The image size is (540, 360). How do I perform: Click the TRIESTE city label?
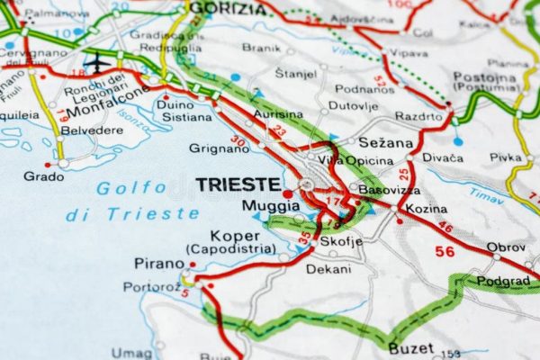click(238, 184)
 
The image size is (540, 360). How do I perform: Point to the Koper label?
click(229, 236)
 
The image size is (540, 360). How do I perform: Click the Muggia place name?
click(265, 205)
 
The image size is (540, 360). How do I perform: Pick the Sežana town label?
click(386, 142)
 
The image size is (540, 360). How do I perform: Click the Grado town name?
click(43, 175)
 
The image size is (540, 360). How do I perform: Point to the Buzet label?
click(412, 347)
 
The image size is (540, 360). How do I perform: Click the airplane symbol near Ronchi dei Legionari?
click(94, 65)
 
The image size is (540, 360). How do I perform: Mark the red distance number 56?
click(445, 251)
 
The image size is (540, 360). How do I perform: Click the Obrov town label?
click(505, 247)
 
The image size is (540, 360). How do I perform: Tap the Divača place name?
click(443, 158)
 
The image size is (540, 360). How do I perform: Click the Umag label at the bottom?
click(132, 352)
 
